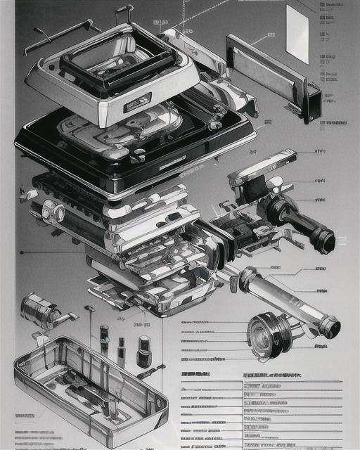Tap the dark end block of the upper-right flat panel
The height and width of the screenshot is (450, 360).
(312, 103)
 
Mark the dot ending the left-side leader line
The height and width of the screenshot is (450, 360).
(22, 252)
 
